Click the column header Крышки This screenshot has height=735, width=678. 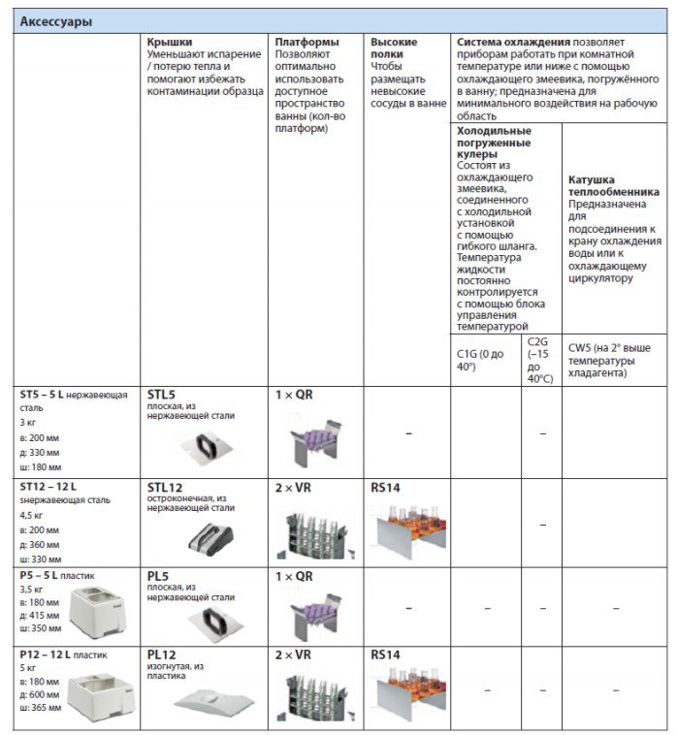click(170, 43)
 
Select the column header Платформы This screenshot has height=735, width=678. click(307, 43)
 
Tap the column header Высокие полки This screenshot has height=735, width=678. click(394, 48)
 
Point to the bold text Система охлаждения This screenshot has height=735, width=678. click(513, 43)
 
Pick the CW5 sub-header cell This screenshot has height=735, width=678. click(609, 360)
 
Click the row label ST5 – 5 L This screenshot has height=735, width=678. click(48, 395)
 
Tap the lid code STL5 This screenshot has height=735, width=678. click(161, 395)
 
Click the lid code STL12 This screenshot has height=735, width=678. click(165, 485)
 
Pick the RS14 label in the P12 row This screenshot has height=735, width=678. click(385, 655)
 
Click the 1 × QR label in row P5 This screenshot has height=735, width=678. click(294, 575)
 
